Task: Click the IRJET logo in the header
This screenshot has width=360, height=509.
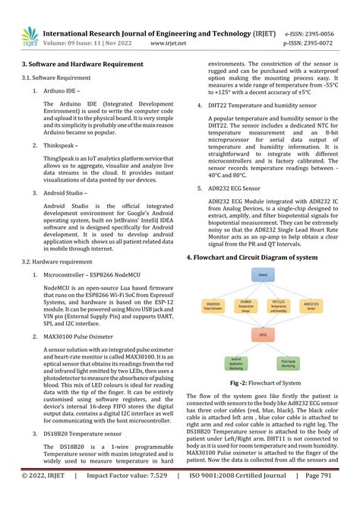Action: (27, 37)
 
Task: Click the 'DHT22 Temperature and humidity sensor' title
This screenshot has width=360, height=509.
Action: (263, 106)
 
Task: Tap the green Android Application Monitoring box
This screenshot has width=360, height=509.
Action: (236, 364)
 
